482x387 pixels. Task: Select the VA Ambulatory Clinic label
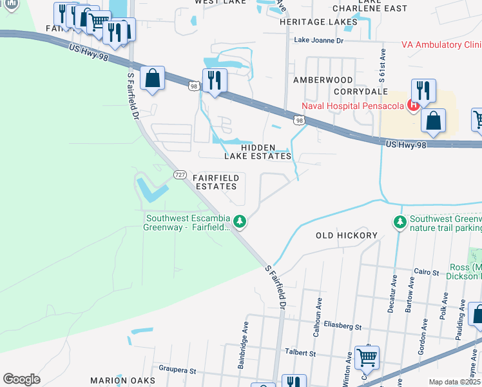point(441,45)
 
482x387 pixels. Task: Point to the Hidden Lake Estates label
point(258,152)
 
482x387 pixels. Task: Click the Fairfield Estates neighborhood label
point(217,182)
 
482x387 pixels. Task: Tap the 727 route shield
point(180,175)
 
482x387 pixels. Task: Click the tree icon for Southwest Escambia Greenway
point(240,222)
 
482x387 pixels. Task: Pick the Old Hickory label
point(346,235)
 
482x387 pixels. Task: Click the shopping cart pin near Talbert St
point(367,357)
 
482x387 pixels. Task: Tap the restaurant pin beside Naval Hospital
point(423,90)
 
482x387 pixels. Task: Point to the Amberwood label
point(323,80)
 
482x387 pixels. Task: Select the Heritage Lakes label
point(318,22)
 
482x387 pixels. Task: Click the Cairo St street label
point(426,272)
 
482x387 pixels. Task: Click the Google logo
point(21,379)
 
